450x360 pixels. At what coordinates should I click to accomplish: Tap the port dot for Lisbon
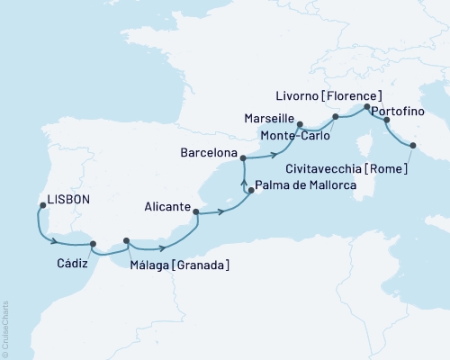41,206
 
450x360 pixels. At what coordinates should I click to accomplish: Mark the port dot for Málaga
126,240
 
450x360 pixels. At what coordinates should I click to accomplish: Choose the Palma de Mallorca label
306,186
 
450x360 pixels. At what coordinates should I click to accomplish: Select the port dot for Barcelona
243,157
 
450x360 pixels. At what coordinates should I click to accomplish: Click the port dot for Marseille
300,125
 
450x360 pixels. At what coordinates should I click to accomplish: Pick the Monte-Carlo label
294,135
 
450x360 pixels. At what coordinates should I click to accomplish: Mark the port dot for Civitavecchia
413,146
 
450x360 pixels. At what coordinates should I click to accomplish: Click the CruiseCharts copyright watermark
4,328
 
